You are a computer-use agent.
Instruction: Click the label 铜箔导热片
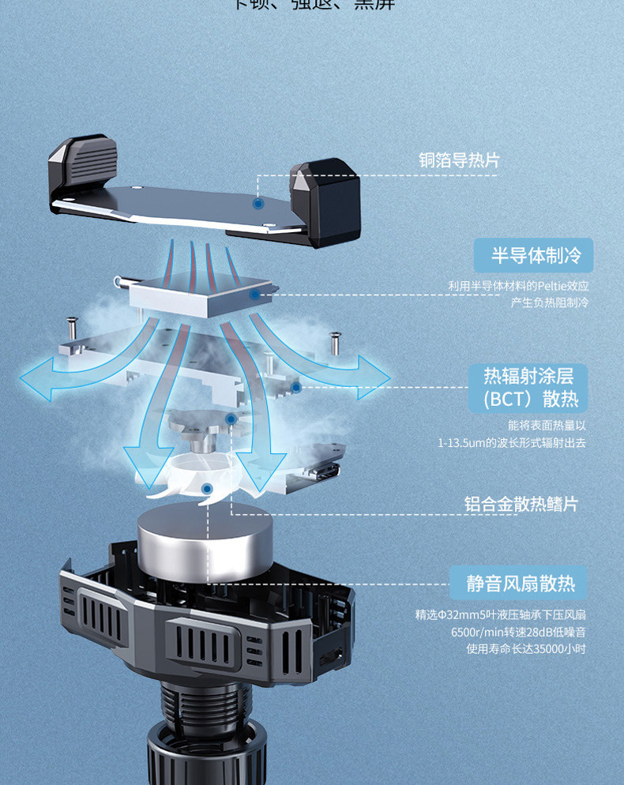[x=459, y=160]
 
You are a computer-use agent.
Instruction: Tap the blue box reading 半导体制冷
[x=535, y=255]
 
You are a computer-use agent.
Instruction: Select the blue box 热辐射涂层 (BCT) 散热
[x=535, y=387]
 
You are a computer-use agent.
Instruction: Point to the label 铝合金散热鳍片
[x=521, y=504]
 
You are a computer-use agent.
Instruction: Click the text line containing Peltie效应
[x=518, y=286]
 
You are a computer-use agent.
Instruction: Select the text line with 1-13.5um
[x=512, y=443]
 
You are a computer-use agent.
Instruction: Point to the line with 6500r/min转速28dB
[x=517, y=632]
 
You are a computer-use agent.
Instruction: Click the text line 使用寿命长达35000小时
[x=525, y=649]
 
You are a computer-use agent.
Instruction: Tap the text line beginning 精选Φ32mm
[x=500, y=614]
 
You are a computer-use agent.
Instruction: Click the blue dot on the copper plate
[x=257, y=204]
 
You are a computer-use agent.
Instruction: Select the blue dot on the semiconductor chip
[x=254, y=295]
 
